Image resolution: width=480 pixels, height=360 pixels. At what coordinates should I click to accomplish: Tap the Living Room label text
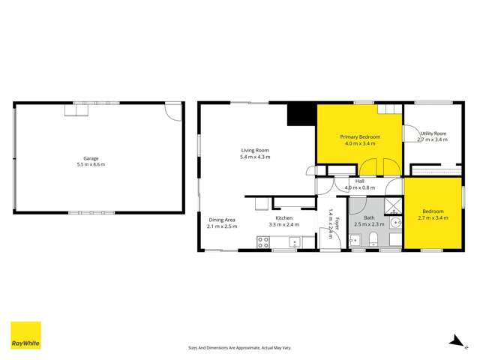pyautogui.click(x=254, y=150)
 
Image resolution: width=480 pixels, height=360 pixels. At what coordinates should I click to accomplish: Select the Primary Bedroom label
pyautogui.click(x=360, y=137)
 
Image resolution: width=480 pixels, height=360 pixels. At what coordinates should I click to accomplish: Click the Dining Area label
pyautogui.click(x=222, y=219)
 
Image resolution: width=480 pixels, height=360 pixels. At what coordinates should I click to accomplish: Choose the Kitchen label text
pyautogui.click(x=283, y=217)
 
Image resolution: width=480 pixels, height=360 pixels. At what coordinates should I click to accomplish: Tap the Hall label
pyautogui.click(x=359, y=181)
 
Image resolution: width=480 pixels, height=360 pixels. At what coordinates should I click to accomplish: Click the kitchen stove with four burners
pyautogui.click(x=264, y=241)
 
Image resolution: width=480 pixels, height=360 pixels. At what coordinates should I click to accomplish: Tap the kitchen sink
pyautogui.click(x=295, y=242)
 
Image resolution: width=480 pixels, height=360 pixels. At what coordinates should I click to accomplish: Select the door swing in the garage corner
pyautogui.click(x=172, y=112)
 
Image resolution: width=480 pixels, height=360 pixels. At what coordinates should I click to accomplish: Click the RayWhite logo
pyautogui.click(x=25, y=335)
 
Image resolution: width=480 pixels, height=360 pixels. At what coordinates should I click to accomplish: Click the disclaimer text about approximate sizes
pyautogui.click(x=239, y=347)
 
